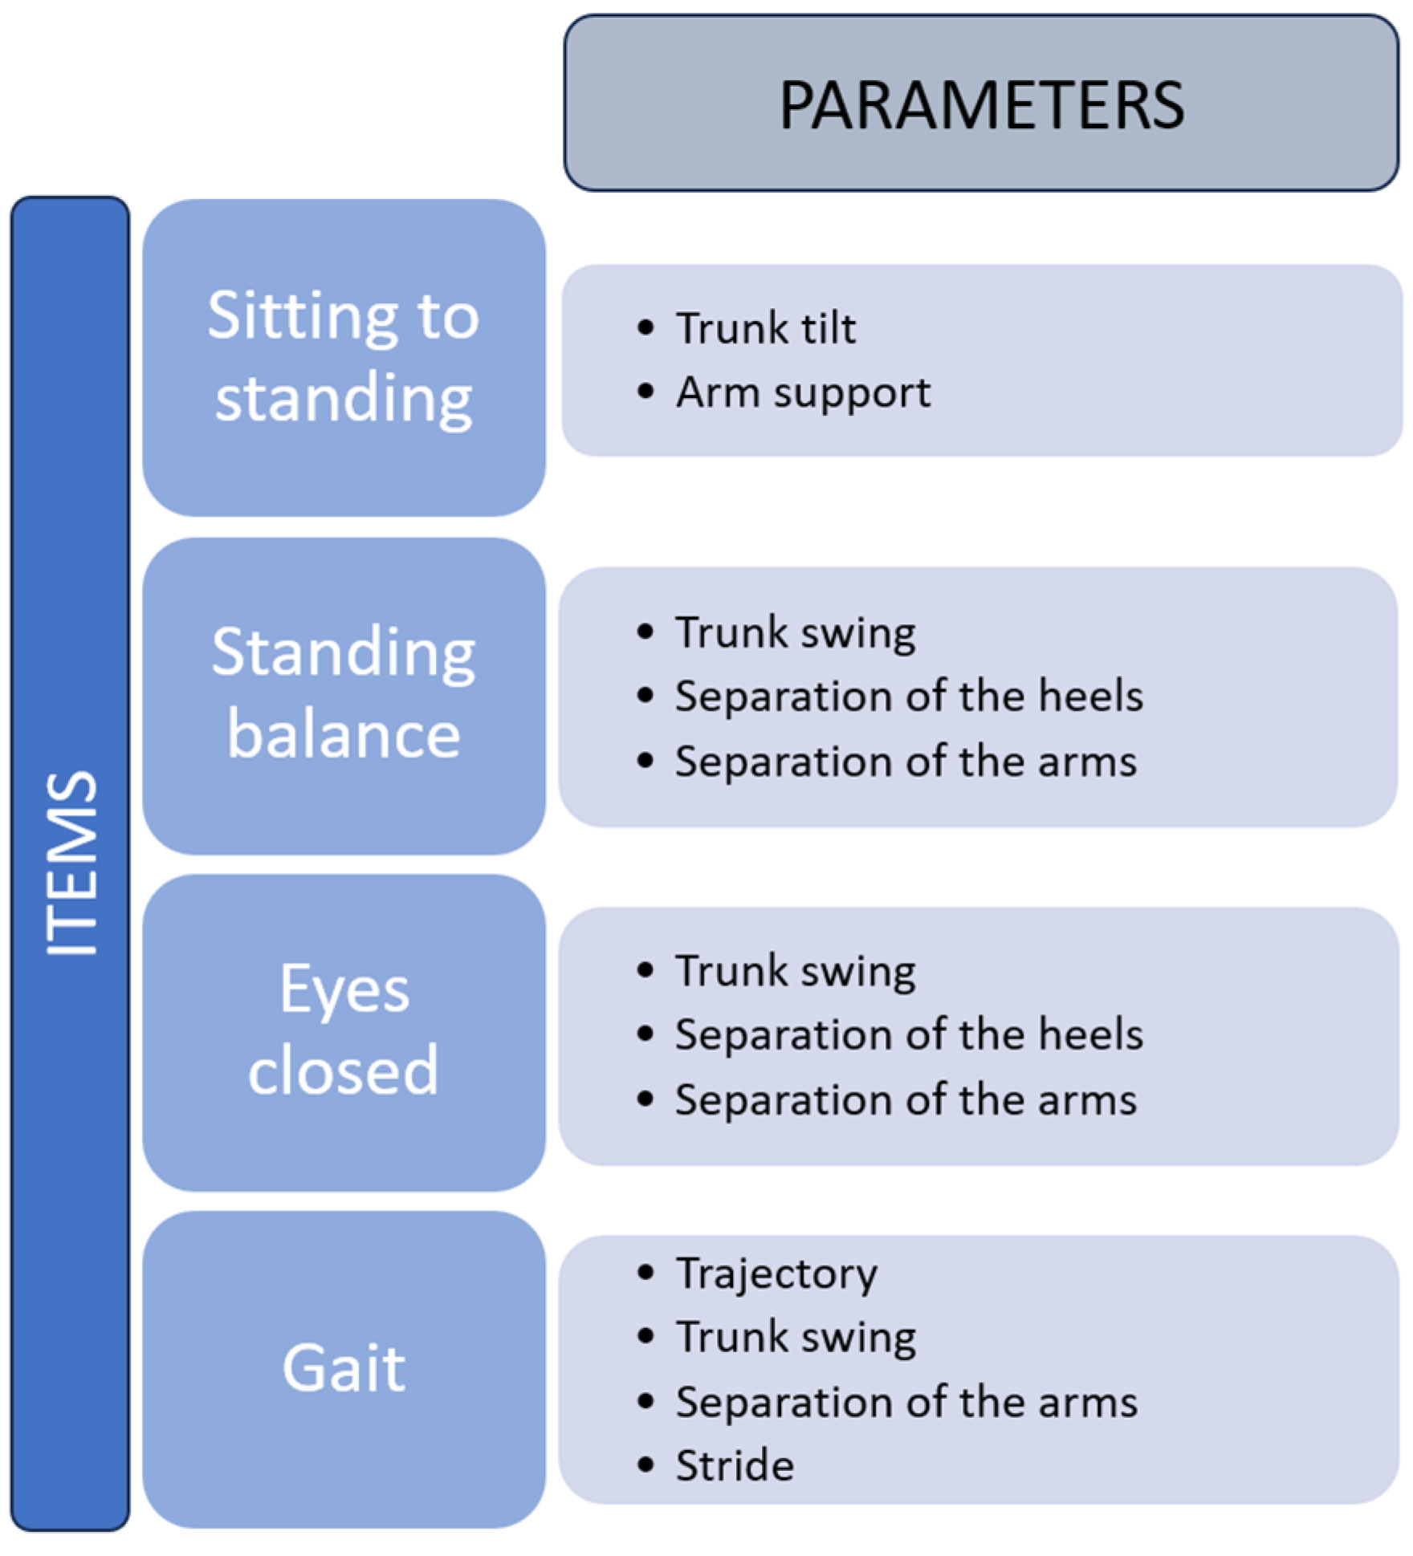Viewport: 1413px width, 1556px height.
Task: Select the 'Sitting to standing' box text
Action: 344,356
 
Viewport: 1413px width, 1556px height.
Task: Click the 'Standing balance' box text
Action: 344,693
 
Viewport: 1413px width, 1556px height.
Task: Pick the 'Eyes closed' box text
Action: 344,1030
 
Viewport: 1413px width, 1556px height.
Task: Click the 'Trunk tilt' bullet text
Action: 765,328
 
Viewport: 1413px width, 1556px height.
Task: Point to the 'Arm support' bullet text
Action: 803,392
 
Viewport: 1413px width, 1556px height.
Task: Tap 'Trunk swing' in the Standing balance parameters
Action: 795,632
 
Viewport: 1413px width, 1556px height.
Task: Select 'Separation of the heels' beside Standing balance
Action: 908,696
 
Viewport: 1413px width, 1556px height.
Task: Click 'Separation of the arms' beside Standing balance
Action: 906,761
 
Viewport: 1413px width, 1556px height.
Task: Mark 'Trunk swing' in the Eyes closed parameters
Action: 795,971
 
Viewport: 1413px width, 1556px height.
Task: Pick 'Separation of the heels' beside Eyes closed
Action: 908,1034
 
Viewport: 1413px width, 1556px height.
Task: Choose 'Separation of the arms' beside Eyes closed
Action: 906,1099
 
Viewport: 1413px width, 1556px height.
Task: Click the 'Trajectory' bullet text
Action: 776,1274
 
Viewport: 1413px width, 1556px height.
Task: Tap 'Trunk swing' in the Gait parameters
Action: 795,1337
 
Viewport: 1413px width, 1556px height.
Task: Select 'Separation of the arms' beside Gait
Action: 906,1402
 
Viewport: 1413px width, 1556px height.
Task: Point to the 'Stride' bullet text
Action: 735,1465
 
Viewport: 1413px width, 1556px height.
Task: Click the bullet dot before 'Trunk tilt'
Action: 645,327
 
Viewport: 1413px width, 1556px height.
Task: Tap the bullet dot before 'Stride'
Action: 645,1465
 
